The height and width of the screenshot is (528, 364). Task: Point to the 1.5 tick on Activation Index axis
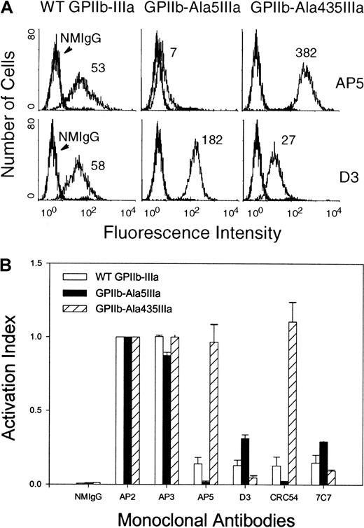(57, 263)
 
